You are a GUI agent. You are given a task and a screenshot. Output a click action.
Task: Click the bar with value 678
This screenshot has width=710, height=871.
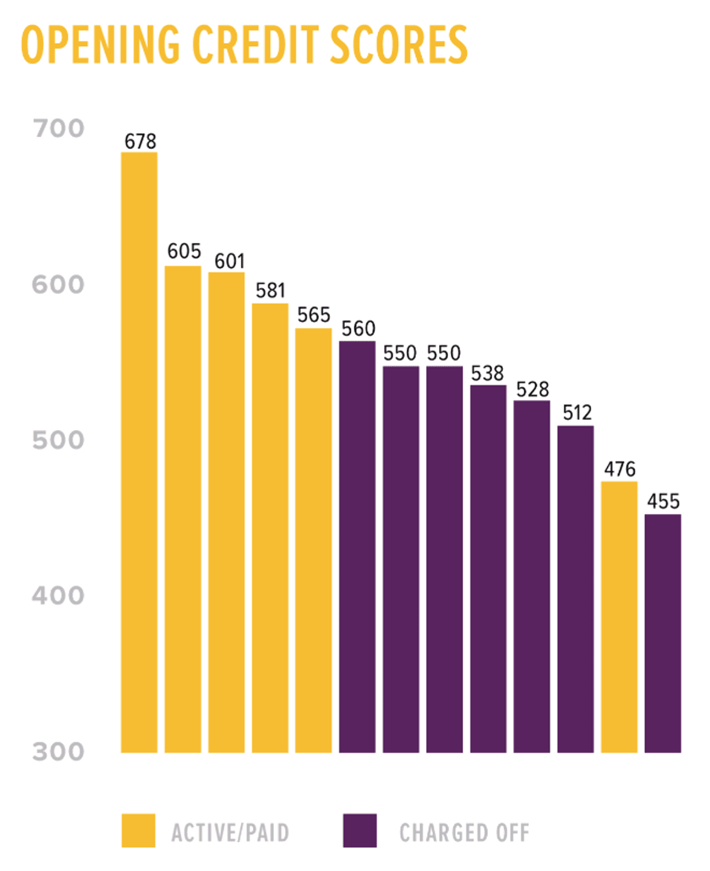[139, 452]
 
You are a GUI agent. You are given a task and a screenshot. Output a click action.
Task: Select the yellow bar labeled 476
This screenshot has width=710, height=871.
[619, 617]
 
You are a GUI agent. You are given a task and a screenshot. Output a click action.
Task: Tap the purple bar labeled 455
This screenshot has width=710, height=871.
[663, 633]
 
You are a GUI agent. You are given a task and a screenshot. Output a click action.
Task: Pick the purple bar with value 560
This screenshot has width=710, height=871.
[357, 547]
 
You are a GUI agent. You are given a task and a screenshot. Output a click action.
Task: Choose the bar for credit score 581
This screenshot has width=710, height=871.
[270, 528]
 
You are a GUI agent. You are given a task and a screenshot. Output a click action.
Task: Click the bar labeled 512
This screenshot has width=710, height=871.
[575, 589]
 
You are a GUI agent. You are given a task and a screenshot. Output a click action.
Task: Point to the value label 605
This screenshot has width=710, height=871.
[184, 251]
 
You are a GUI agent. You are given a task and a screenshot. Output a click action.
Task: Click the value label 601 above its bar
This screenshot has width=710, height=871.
[229, 261]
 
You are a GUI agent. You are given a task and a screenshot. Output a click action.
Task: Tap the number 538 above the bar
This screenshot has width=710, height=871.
[487, 373]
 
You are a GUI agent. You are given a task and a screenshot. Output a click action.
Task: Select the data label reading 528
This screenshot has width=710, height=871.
[532, 389]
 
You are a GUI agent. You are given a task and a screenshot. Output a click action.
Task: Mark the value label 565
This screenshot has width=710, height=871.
[314, 315]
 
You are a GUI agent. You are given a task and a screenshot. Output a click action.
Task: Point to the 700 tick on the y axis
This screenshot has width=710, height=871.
[59, 128]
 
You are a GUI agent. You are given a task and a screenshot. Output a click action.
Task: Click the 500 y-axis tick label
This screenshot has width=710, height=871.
[58, 440]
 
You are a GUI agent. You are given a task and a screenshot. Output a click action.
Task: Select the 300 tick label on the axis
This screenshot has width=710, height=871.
[58, 752]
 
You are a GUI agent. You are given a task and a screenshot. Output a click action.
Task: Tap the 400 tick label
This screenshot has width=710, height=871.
[58, 595]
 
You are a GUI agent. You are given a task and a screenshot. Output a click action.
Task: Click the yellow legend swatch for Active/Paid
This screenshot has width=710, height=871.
[138, 831]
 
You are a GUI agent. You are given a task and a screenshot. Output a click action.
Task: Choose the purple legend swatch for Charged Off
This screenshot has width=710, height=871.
[360, 831]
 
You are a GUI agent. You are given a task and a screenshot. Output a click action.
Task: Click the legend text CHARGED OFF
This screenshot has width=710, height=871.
[464, 833]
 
